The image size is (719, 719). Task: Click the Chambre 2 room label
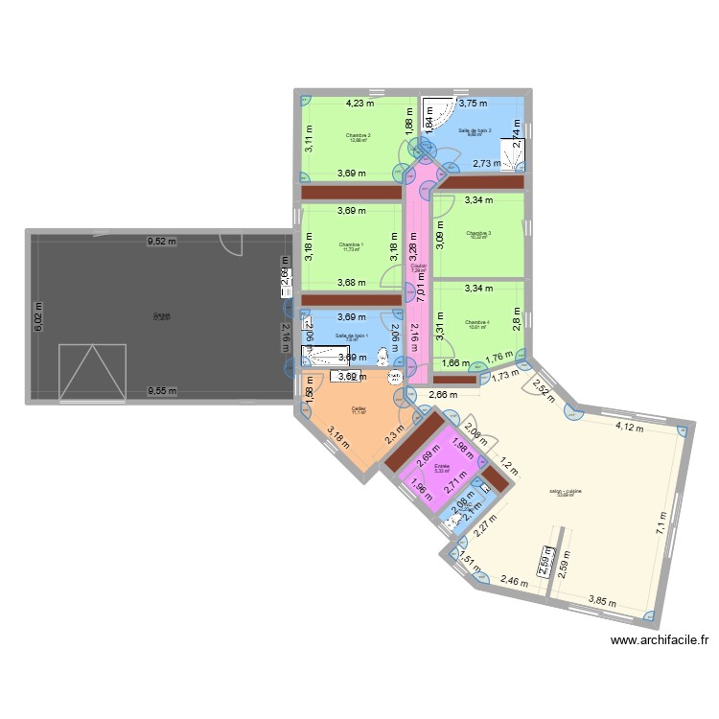pos(359,136)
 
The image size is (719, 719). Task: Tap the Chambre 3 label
pos(477,234)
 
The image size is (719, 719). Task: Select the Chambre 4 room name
pos(477,323)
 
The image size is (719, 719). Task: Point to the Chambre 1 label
pos(352,245)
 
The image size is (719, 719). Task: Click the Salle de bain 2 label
pos(475,131)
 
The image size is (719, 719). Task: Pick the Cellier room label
pos(359,406)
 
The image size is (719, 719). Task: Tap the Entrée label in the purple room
pos(442,467)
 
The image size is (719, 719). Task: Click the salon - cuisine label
pos(566,492)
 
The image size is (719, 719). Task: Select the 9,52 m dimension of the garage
pos(161,242)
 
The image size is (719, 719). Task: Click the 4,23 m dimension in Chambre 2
pos(361,104)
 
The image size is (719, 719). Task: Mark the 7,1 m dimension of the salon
pos(661,523)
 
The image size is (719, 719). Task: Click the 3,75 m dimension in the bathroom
pos(471,104)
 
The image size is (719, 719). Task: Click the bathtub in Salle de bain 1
pos(334,356)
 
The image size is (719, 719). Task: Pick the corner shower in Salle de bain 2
pos(436,117)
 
